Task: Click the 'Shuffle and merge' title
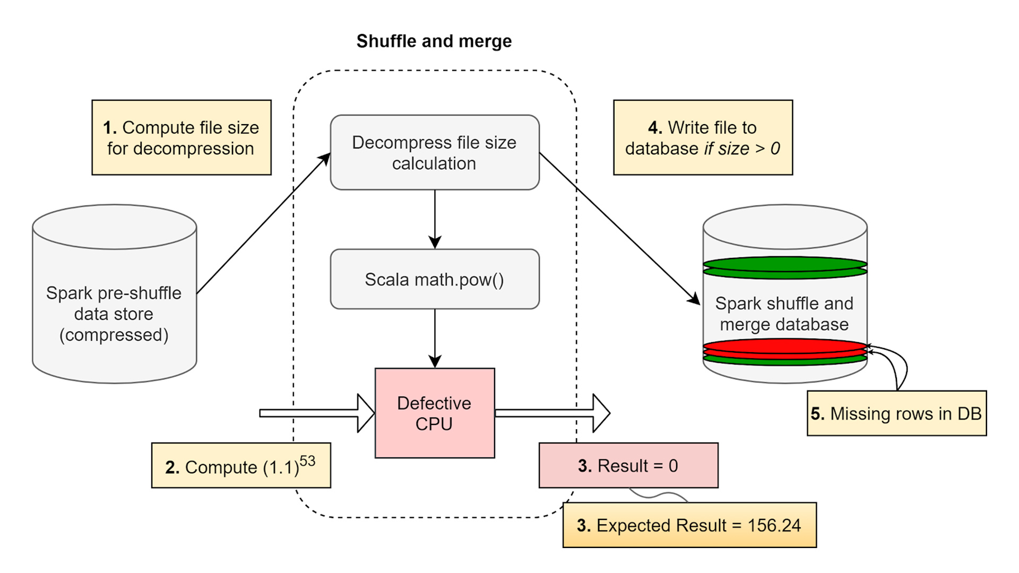(434, 41)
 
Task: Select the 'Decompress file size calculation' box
(434, 152)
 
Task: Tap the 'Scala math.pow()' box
(434, 279)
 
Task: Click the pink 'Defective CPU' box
(434, 413)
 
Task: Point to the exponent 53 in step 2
(307, 461)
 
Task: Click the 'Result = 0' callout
(628, 465)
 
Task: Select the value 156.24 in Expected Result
(774, 525)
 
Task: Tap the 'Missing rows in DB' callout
(896, 413)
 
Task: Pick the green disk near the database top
(784, 264)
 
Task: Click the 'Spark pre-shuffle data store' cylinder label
(114, 314)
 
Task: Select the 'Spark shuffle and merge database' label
(784, 314)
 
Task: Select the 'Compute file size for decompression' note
(182, 137)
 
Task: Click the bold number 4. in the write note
(655, 127)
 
